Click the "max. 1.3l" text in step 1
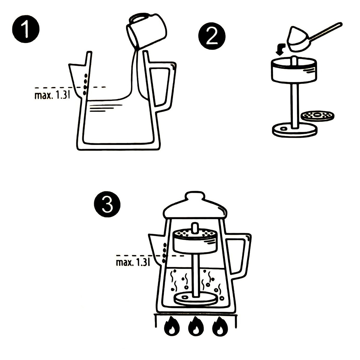[x=52, y=95]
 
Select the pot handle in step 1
[x=164, y=87]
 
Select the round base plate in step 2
[x=294, y=130]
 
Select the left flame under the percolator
[x=172, y=327]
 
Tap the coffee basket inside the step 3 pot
[x=195, y=241]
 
